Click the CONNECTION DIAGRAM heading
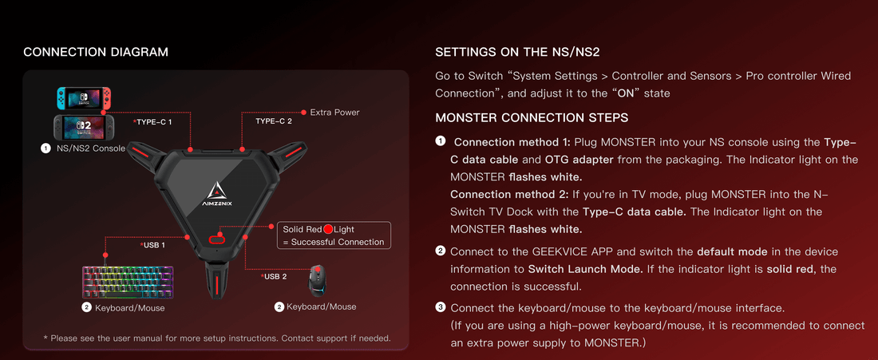point(96,53)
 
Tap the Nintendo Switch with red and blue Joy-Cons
point(78,98)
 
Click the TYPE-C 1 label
point(153,122)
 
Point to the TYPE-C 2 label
point(274,122)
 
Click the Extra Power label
point(334,113)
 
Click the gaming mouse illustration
point(320,280)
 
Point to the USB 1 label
point(153,245)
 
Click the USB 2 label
point(275,276)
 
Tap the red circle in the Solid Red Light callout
point(328,230)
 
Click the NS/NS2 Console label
point(89,148)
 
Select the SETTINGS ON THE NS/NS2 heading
point(517,53)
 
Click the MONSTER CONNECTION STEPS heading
point(532,118)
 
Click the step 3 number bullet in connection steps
point(441,307)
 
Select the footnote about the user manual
point(216,338)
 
